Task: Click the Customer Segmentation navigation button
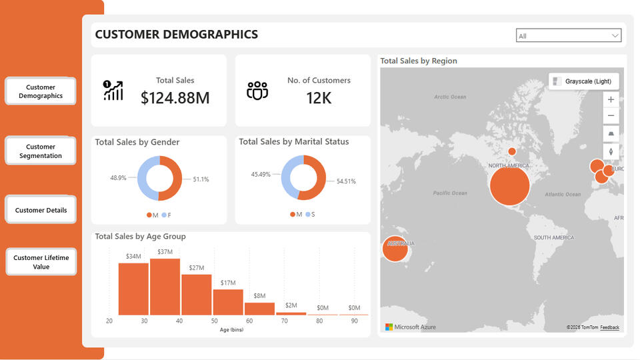coord(41,151)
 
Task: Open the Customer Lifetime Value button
coord(41,262)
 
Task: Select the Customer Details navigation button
coord(41,210)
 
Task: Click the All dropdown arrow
coord(615,36)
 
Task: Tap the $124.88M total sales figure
coord(175,99)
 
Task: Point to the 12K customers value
coord(319,99)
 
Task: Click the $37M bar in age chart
coord(165,287)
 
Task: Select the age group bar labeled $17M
coord(228,302)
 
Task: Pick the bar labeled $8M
coord(259,309)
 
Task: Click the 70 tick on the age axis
coord(284,321)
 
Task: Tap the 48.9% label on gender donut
coord(118,178)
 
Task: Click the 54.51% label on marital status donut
coord(345,181)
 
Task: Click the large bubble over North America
coord(509,185)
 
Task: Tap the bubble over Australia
coord(395,249)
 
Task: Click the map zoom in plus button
coord(611,99)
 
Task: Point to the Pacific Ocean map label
coord(450,193)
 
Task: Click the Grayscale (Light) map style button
coord(584,81)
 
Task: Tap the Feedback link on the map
coord(609,327)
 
